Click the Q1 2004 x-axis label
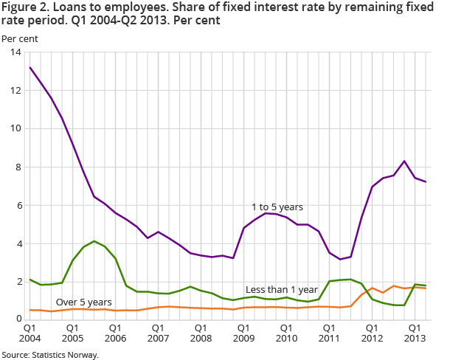(30, 333)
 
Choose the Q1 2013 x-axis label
(415, 333)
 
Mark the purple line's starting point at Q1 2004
(30, 67)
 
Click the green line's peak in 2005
(94, 241)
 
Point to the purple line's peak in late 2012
(404, 161)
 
